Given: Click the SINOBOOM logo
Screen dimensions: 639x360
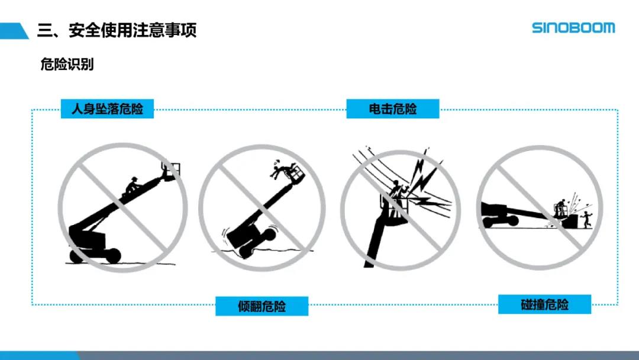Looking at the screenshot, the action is point(573,28).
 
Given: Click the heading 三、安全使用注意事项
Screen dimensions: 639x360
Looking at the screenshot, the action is point(117,30).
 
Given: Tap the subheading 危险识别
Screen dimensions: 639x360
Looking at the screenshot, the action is point(67,64).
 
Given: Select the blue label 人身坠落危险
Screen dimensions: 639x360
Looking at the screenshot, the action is point(107,109).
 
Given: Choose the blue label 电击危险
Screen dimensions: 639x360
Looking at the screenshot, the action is point(393,109).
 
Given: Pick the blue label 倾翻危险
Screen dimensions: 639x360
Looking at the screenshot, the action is point(262,306).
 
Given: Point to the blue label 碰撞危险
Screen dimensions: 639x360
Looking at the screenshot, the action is point(544,304).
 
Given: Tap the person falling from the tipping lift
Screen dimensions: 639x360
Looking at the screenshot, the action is point(281,168).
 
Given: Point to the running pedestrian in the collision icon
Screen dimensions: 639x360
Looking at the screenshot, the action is point(586,219).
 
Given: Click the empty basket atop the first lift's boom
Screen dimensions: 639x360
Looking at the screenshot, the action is point(171,171).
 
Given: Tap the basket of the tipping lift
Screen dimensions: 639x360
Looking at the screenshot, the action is point(296,173).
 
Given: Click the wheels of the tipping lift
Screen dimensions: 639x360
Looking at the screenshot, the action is point(257,243).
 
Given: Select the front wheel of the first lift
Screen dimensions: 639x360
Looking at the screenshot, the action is point(112,256).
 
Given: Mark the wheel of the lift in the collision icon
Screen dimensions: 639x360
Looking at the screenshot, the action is point(512,221).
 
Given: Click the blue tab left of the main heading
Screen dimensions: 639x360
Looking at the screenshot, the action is point(14,31).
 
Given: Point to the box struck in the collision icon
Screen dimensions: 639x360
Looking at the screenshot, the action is point(570,222).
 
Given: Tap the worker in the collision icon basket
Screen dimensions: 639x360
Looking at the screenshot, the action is point(561,206).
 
